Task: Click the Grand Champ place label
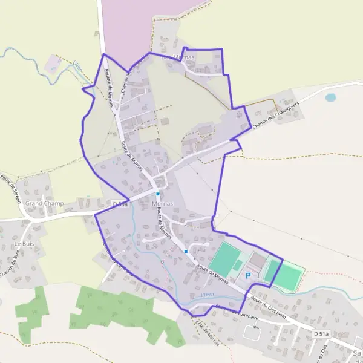(44, 204)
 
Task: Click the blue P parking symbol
(248, 276)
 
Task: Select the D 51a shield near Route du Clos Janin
(321, 333)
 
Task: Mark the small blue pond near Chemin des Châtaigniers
(330, 97)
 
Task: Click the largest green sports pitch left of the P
(225, 258)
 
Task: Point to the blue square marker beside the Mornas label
(158, 194)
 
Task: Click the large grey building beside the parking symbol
(257, 261)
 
